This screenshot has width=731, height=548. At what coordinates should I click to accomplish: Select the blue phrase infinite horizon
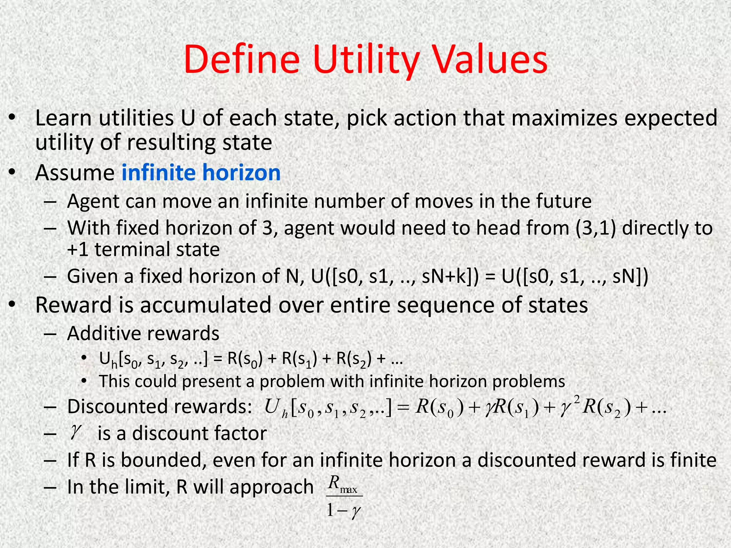click(x=201, y=173)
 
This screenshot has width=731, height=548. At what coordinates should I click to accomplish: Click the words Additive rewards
click(x=143, y=334)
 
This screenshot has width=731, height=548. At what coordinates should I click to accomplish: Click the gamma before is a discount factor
click(x=75, y=433)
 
